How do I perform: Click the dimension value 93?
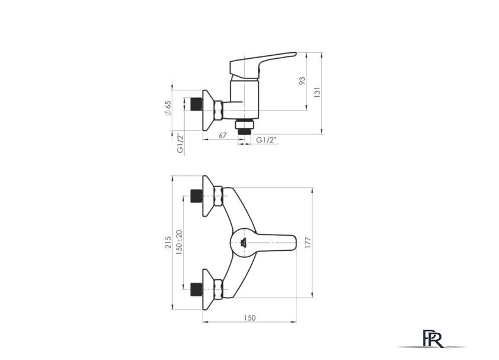click(x=302, y=80)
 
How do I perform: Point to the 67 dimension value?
click(x=223, y=135)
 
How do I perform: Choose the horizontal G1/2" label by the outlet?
click(x=267, y=140)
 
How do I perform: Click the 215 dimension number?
click(x=168, y=242)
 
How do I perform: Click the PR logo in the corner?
click(x=432, y=337)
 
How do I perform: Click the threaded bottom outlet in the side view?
click(x=244, y=126)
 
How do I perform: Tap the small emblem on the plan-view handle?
click(x=244, y=242)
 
